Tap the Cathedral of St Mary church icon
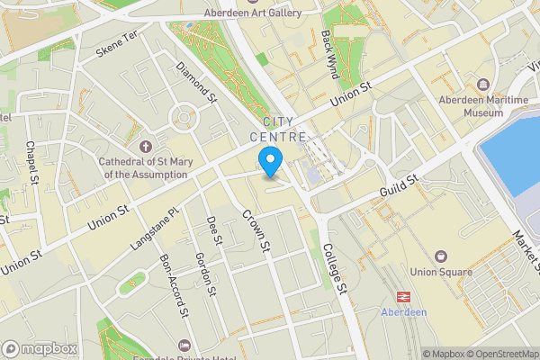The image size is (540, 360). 147,147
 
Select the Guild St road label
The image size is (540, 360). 400,187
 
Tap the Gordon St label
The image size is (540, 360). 205,274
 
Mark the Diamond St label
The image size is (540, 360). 196,81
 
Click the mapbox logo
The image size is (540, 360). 39,348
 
